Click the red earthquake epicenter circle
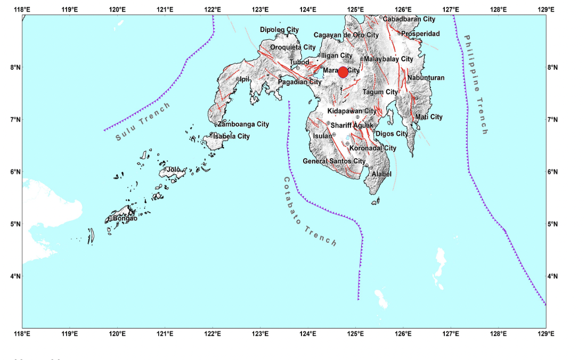343,72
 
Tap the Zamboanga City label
243,124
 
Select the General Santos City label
334,161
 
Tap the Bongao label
125,218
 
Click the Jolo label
174,169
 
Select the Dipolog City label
279,30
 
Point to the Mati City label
429,117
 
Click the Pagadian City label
299,82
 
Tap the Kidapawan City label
352,111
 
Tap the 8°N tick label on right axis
554,67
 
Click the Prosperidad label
420,34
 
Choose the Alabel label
381,174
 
